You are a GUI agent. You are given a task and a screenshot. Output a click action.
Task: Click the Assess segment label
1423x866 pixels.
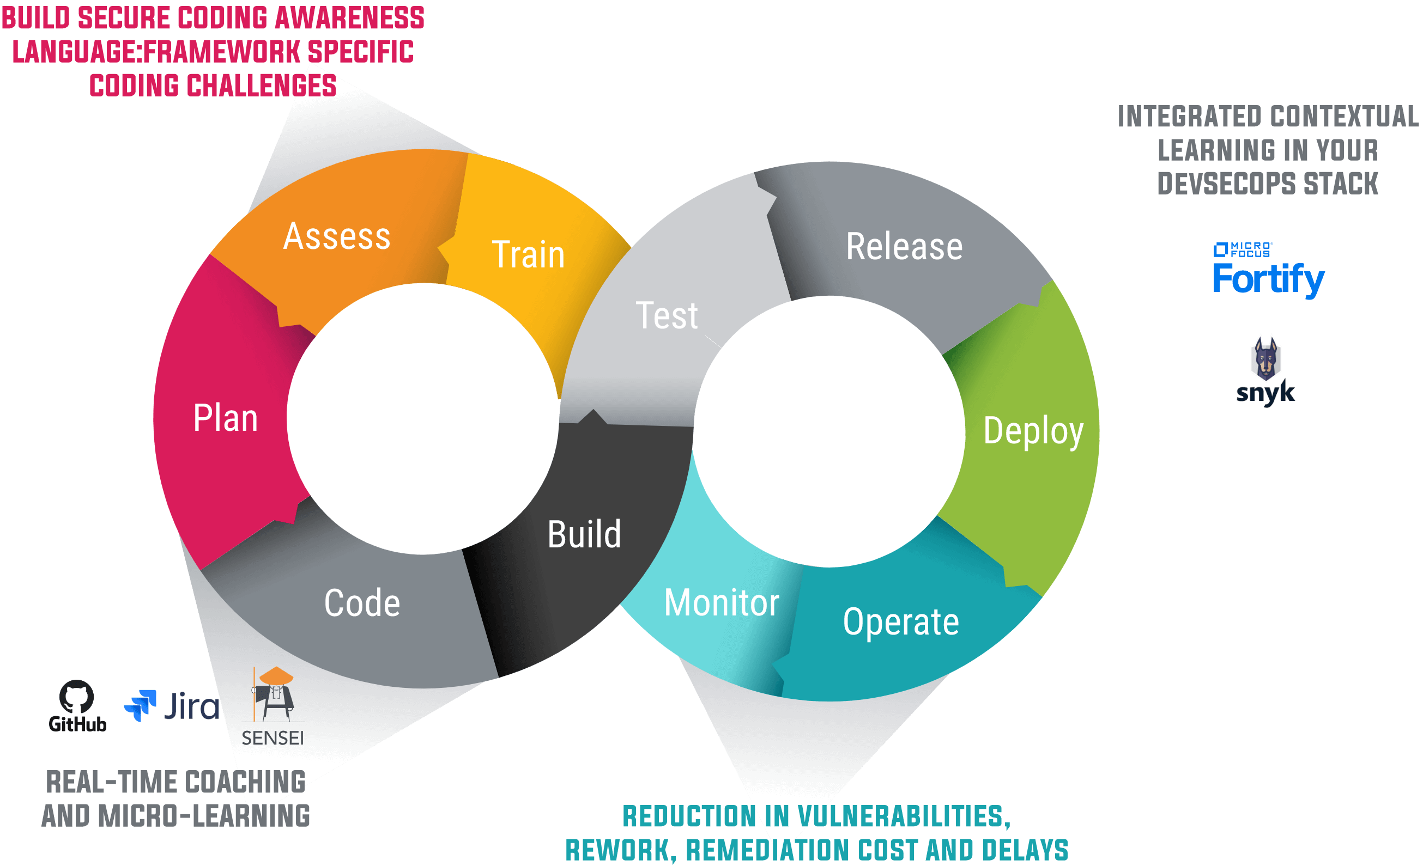[337, 237]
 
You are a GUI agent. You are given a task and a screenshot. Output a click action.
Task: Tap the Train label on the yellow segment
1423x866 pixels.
[528, 255]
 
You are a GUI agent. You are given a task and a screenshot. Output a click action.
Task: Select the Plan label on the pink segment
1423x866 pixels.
[225, 418]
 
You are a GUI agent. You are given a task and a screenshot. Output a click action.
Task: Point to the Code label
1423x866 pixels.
[362, 603]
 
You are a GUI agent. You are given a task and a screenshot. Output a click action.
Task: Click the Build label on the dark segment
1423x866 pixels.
[584, 535]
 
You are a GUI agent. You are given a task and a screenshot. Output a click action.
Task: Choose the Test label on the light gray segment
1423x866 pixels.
[667, 316]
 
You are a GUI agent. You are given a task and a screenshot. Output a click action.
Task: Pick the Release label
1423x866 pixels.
[904, 247]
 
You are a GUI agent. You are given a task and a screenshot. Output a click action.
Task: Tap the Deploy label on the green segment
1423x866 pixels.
[1033, 431]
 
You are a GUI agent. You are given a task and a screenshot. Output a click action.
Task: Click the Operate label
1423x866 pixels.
[901, 623]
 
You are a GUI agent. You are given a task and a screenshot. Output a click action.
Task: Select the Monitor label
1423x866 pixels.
[722, 603]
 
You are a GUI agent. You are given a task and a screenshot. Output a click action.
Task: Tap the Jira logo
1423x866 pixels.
[172, 706]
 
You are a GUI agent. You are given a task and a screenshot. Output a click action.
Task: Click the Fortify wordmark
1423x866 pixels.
[1268, 279]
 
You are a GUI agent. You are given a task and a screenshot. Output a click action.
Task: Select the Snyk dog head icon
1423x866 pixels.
[1265, 358]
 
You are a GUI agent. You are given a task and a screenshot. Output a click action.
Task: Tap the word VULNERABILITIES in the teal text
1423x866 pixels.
[904, 817]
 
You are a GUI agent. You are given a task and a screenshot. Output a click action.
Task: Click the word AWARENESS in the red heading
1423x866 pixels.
[349, 19]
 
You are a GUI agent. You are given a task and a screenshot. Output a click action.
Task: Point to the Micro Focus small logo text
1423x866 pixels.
[1250, 249]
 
